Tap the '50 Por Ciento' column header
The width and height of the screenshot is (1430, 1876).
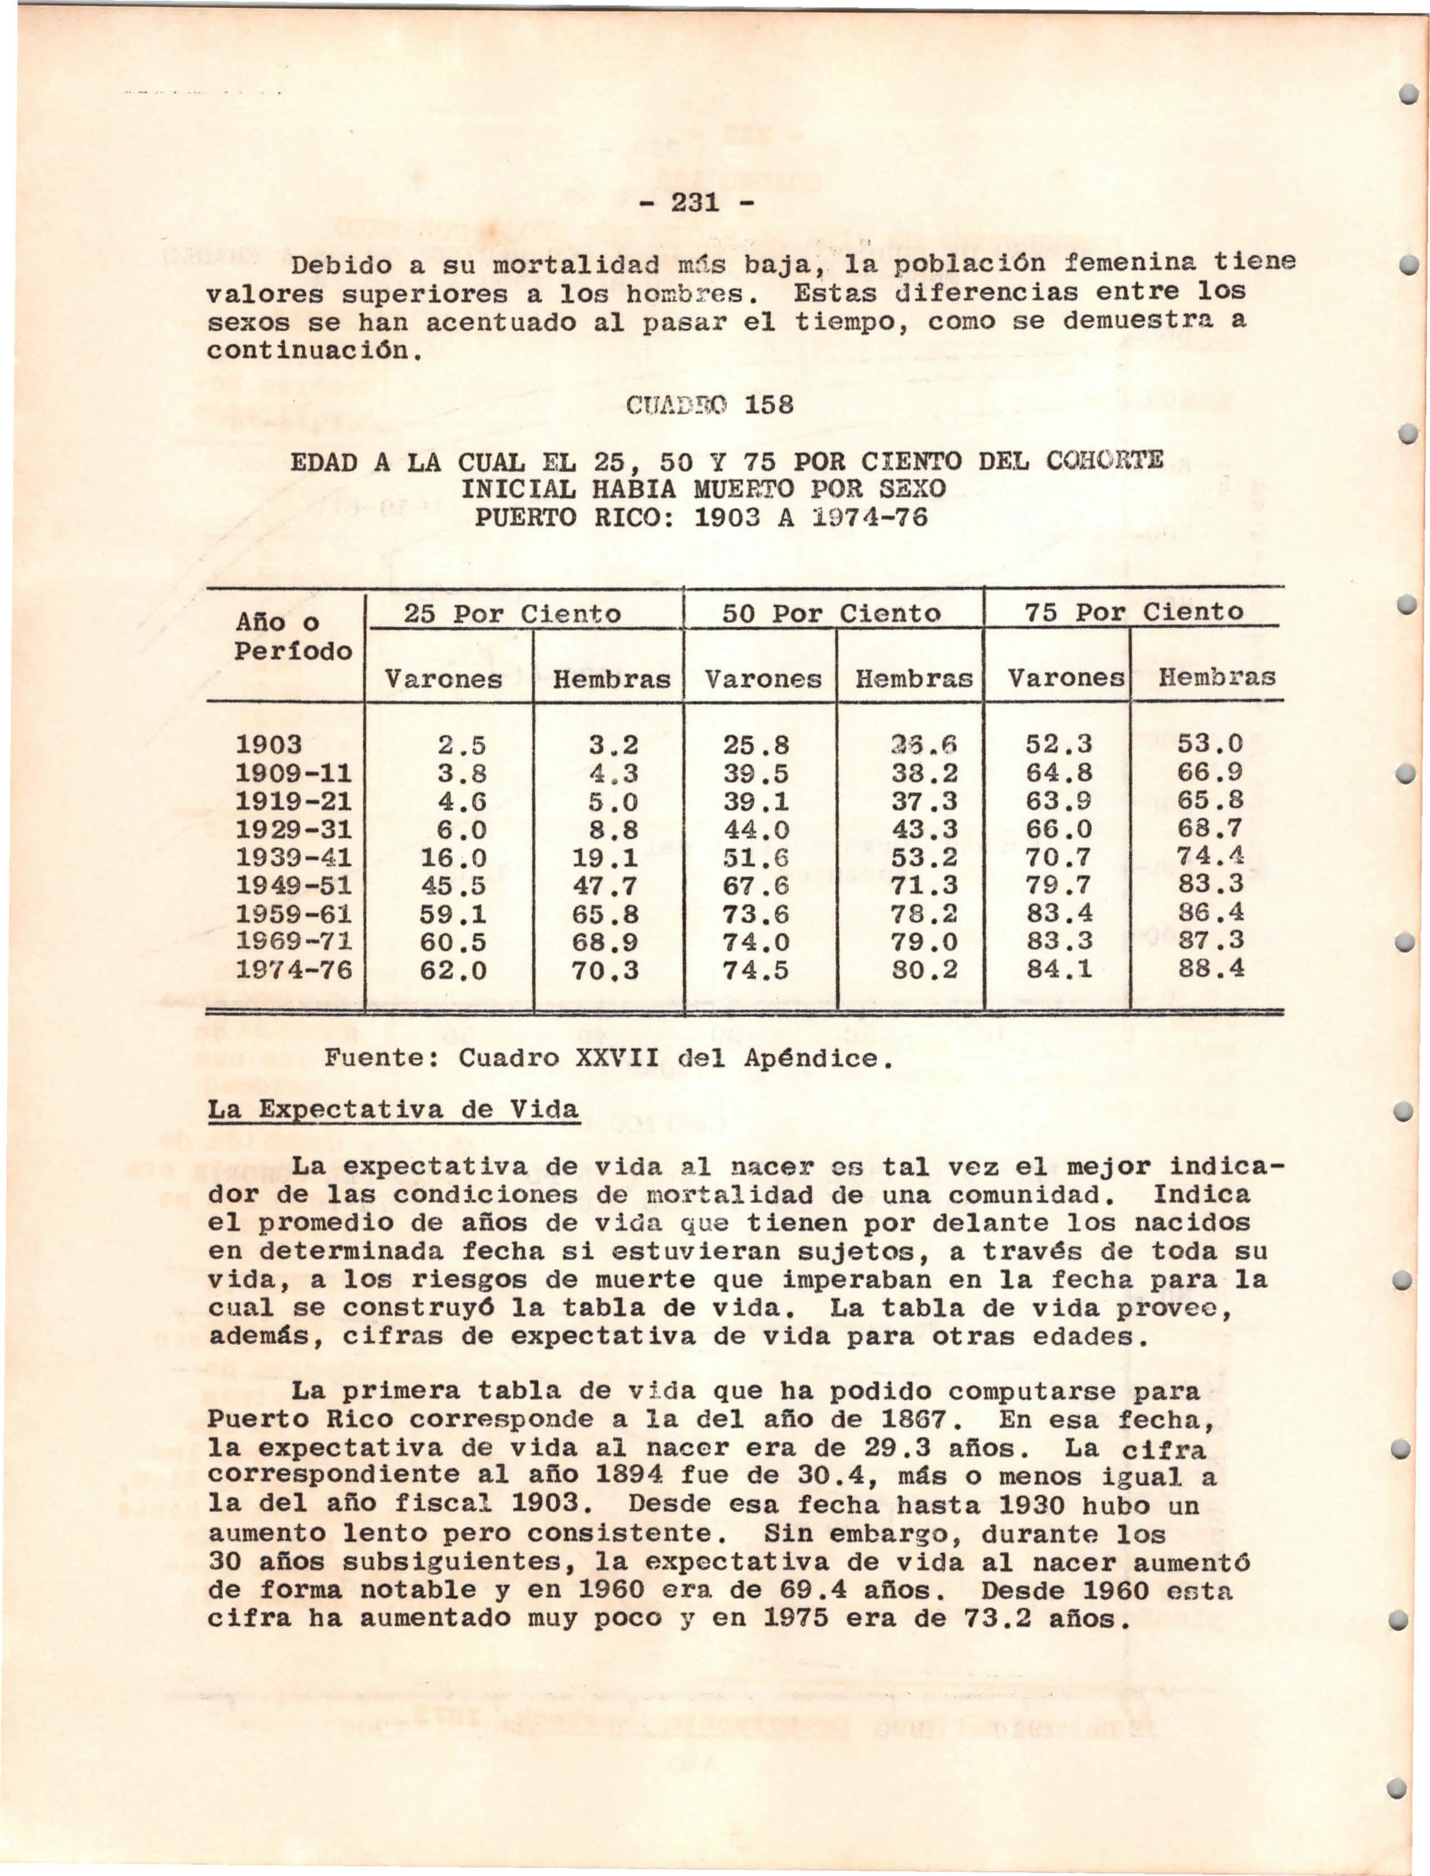tap(832, 613)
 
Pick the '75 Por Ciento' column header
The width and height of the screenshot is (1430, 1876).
tap(1134, 611)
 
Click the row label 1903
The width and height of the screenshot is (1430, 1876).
tap(268, 744)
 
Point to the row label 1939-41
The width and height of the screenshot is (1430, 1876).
tap(293, 857)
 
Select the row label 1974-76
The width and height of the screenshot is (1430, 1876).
tap(293, 970)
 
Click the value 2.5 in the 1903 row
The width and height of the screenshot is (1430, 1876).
tap(461, 745)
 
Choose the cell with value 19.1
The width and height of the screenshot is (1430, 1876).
tap(604, 857)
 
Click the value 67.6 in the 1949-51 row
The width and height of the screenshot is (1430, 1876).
tap(756, 885)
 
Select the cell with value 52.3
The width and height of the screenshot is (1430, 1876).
tap(1059, 744)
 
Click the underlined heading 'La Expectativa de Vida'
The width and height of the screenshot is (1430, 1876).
tap(393, 1110)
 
